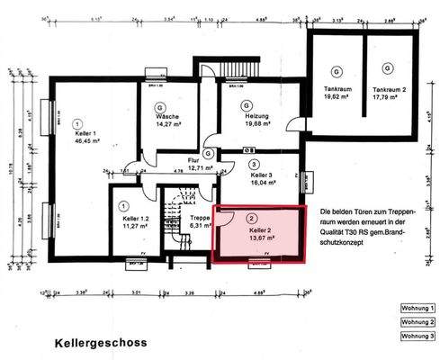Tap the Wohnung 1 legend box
coord(418,308)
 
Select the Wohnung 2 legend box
coord(418,322)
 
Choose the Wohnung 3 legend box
coord(418,337)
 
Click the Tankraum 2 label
coord(390,90)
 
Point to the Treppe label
coord(200,219)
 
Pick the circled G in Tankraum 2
coord(388,69)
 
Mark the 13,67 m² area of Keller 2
coord(262,239)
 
